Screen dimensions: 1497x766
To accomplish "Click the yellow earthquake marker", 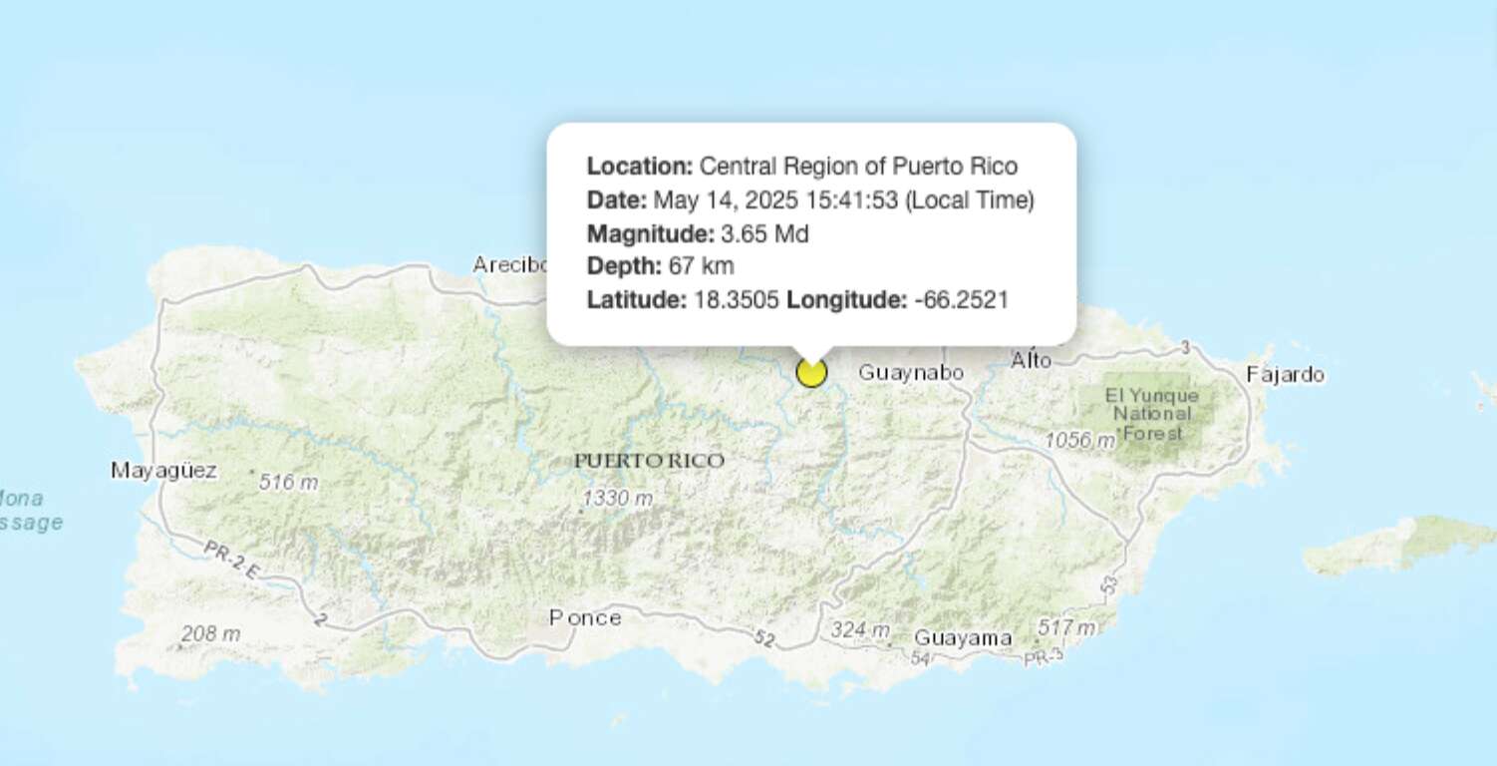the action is [x=812, y=373].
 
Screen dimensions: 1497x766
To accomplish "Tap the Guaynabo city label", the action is [x=911, y=373].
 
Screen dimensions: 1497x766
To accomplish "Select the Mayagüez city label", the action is [x=163, y=470].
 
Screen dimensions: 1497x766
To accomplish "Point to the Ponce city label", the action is [x=585, y=618].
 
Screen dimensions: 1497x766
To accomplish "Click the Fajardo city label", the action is [x=1286, y=375].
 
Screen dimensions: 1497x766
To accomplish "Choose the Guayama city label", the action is [x=963, y=638].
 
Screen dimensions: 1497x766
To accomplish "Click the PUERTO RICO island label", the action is [x=649, y=461].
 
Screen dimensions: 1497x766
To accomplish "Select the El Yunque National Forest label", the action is [x=1152, y=414].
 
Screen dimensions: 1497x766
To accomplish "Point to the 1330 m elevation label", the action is [x=618, y=498].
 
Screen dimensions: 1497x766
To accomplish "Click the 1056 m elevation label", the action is [x=1079, y=440].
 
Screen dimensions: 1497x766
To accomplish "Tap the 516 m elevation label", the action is [x=289, y=483].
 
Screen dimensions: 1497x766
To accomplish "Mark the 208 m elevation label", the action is [x=210, y=633].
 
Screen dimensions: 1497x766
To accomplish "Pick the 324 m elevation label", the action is [x=860, y=630].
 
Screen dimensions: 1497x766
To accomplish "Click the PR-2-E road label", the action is [x=232, y=560].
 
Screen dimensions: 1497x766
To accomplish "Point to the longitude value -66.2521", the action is [x=961, y=299].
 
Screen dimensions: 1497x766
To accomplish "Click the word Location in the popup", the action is [x=639, y=167].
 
